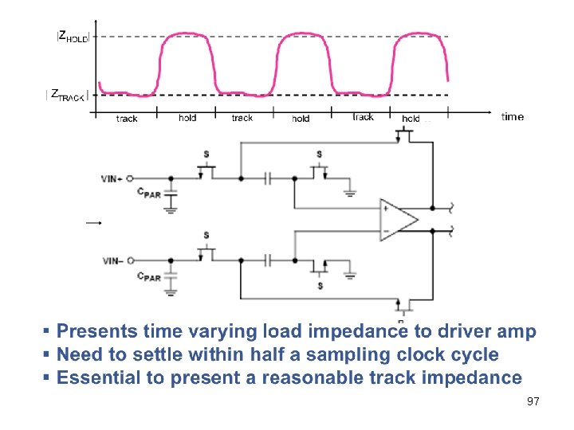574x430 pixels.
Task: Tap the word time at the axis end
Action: tap(513, 117)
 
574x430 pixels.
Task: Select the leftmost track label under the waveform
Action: tap(127, 119)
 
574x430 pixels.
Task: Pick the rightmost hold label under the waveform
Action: tap(411, 119)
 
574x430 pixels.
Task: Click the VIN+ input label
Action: tap(112, 179)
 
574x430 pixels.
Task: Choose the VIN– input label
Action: tap(112, 260)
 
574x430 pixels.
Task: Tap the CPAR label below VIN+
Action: tap(148, 193)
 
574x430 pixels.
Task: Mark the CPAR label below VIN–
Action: tap(148, 276)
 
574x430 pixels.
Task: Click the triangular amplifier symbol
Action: tap(397, 219)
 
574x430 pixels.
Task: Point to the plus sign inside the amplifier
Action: tap(387, 209)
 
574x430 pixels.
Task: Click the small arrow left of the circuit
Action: tap(94, 224)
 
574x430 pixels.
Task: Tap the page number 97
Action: tap(533, 402)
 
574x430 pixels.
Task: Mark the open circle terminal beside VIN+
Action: tap(130, 179)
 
